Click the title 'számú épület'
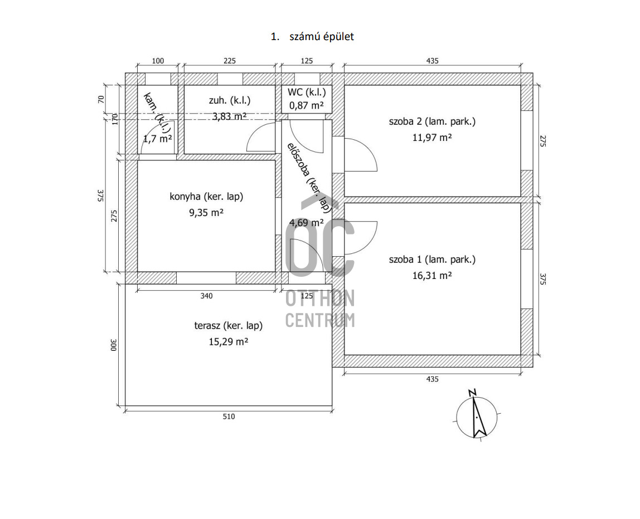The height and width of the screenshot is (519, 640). click(321, 37)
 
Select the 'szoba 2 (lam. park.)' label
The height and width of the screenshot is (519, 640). click(432, 121)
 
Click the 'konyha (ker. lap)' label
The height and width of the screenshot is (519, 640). click(206, 197)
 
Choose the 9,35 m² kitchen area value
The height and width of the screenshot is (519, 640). click(206, 212)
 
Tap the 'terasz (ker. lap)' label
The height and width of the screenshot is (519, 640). click(228, 326)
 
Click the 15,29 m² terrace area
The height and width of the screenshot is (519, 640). click(228, 342)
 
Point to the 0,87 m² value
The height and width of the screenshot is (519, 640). click(307, 105)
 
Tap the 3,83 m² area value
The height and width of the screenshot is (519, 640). click(229, 116)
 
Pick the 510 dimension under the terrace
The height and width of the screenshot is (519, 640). click(229, 417)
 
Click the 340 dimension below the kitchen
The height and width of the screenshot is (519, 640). click(206, 296)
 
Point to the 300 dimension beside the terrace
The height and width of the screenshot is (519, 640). click(113, 345)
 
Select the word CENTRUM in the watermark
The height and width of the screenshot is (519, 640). click(320, 320)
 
